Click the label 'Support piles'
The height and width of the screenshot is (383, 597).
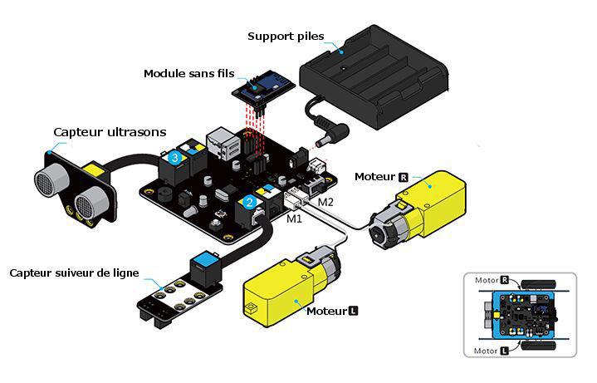click(x=286, y=37)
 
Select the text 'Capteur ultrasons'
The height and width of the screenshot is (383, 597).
click(x=110, y=132)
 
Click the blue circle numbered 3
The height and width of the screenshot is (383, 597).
click(x=174, y=156)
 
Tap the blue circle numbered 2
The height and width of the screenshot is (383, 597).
click(x=249, y=202)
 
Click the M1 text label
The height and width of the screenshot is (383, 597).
click(x=295, y=219)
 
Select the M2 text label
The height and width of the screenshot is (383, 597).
click(x=325, y=202)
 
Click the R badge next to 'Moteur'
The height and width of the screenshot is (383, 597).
click(x=404, y=177)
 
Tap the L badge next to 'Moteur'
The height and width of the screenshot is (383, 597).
click(x=353, y=312)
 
